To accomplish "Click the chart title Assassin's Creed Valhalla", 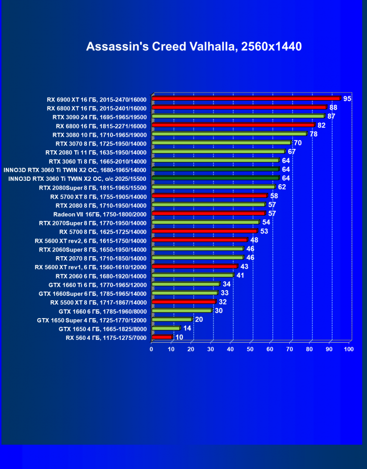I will click(194, 46).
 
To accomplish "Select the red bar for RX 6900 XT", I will click(246, 99).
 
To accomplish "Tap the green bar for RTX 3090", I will click(238, 117).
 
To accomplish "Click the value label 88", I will click(333, 107).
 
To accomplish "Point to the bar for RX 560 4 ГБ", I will click(162, 337).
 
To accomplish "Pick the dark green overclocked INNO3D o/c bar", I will click(215, 178).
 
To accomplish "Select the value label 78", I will click(313, 134).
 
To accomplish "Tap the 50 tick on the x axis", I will click(250, 349).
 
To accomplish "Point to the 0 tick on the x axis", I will click(152, 349).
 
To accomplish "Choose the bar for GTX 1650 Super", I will click(171, 320).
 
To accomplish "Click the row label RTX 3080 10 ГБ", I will click(99, 134).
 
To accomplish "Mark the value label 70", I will click(297, 143).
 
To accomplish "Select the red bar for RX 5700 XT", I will click(209, 196).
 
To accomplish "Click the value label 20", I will click(198, 320).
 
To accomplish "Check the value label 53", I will click(264, 231).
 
